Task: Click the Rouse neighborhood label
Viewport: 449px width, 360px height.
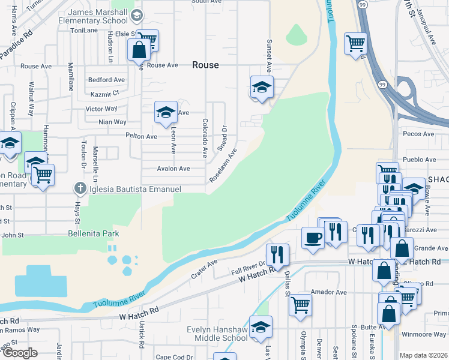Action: pyautogui.click(x=205, y=65)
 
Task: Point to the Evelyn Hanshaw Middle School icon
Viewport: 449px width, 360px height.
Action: pyautogui.click(x=261, y=327)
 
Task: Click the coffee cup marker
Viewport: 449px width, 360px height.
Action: pyautogui.click(x=313, y=237)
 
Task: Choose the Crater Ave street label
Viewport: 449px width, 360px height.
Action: pyautogui.click(x=204, y=268)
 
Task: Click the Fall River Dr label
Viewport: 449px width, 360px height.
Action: pyautogui.click(x=248, y=271)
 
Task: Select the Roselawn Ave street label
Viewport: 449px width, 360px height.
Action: pyautogui.click(x=223, y=166)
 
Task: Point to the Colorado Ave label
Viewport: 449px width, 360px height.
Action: pyautogui.click(x=205, y=137)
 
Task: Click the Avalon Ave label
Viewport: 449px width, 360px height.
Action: pyautogui.click(x=173, y=169)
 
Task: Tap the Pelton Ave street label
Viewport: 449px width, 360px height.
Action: pyautogui.click(x=142, y=137)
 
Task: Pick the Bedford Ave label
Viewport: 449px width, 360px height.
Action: pyautogui.click(x=106, y=80)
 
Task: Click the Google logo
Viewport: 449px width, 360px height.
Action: pyautogui.click(x=20, y=353)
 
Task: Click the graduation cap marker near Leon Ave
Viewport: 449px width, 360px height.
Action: pyautogui.click(x=166, y=112)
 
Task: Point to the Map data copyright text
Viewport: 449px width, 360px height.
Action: pyautogui.click(x=424, y=355)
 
